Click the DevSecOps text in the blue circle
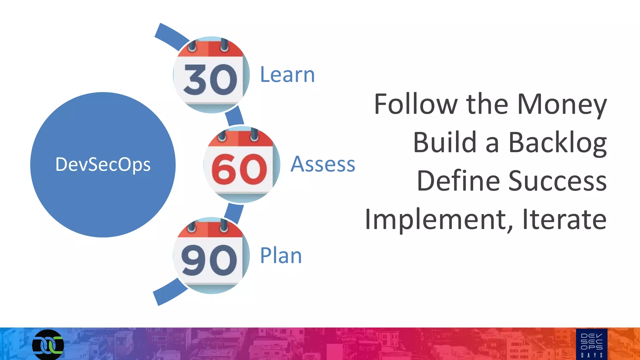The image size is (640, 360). click(x=103, y=165)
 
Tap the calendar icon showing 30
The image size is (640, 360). click(x=211, y=75)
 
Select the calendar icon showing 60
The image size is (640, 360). click(x=242, y=165)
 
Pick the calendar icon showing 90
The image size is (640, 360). click(x=211, y=256)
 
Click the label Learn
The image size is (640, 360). click(x=287, y=75)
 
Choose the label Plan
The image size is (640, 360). click(x=281, y=256)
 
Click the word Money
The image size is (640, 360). click(x=562, y=105)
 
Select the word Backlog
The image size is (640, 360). click(x=557, y=143)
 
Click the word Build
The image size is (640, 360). click(x=445, y=142)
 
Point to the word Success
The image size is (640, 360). click(x=557, y=181)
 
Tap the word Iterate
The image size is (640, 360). click(x=564, y=219)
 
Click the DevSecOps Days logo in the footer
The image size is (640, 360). click(x=592, y=344)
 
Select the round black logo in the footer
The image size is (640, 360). click(x=48, y=345)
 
